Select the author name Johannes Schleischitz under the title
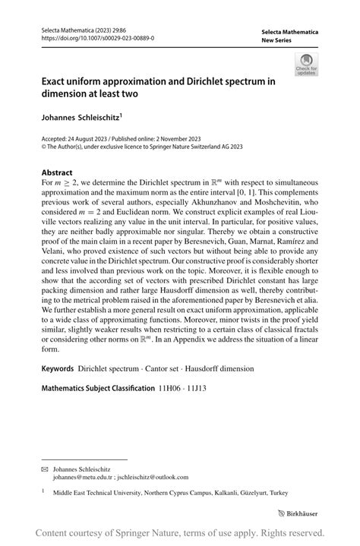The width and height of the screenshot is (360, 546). click(83, 118)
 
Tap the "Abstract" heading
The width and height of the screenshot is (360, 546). click(57, 173)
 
